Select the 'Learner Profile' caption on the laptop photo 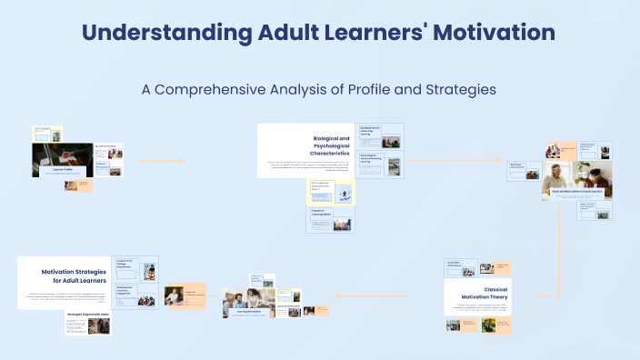pyautogui.click(x=63, y=169)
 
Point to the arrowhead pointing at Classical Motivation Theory pyautogui.click(x=536, y=295)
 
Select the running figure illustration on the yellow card pyautogui.click(x=345, y=194)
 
